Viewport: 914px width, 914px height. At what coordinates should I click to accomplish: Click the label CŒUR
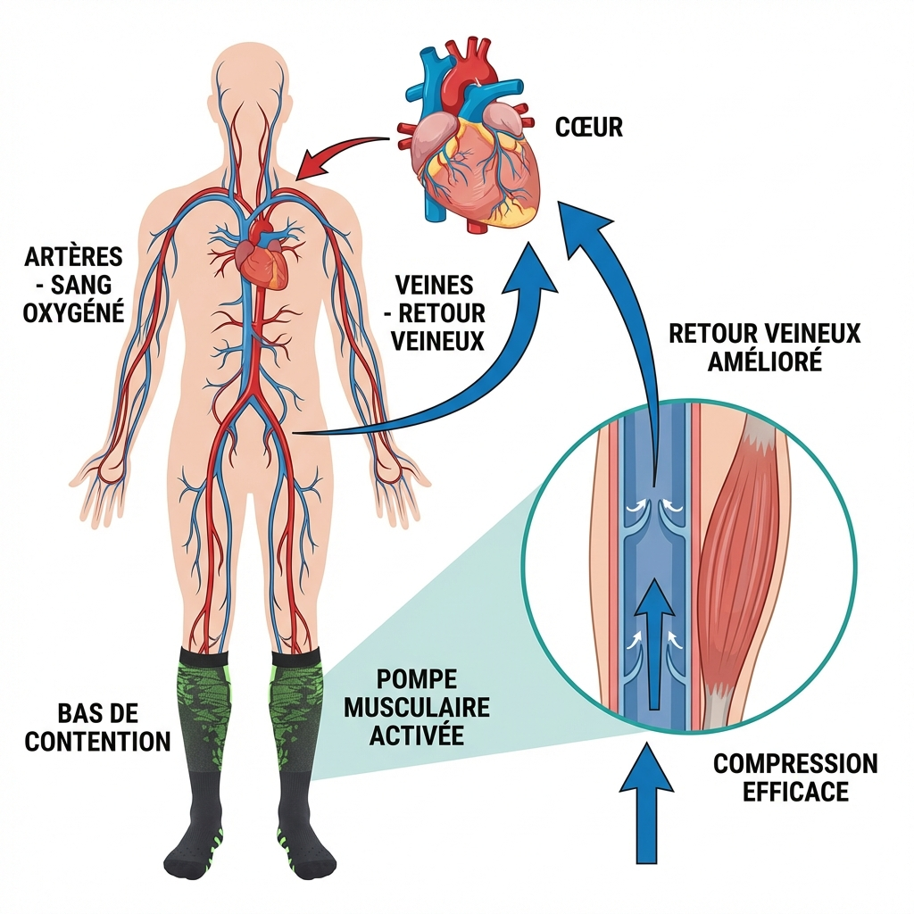click(588, 127)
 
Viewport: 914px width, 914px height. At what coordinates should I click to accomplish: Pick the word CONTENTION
click(97, 741)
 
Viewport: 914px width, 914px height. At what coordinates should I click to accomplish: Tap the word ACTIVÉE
click(417, 736)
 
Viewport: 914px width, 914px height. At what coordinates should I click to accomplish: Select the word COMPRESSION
click(795, 764)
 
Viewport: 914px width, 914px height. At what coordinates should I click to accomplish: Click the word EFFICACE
click(795, 792)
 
